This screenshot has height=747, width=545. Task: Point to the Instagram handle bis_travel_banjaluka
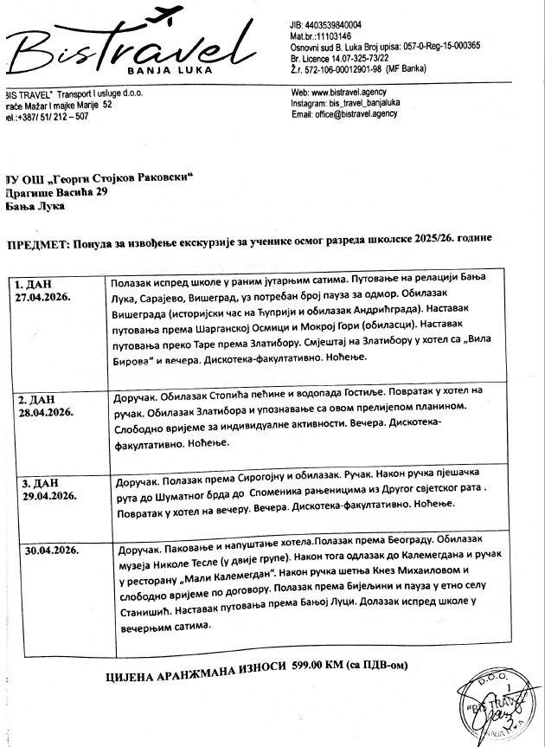(x=370, y=103)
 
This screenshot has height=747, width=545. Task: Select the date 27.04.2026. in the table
(x=44, y=296)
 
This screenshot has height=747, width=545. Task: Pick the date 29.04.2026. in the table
(x=44, y=496)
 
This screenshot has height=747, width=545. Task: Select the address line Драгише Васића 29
(x=57, y=191)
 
